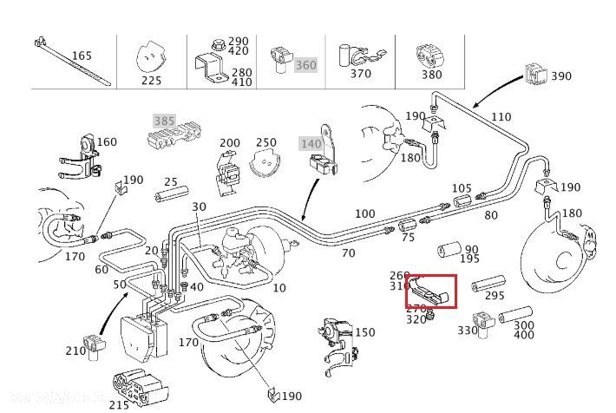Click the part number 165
coord(82,56)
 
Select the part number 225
coord(151,80)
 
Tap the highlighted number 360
coord(305,65)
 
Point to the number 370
coord(360,75)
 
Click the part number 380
coord(431,75)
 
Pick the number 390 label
coord(561,75)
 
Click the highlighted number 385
coord(164,121)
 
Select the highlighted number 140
coord(311,142)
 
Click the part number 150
coord(365,332)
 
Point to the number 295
coord(495,296)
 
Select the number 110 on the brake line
coord(501,116)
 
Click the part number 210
coord(75,351)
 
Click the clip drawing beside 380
coord(429,55)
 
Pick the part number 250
coord(266,142)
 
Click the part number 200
coord(229,142)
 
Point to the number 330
coord(468,330)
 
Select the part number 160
coord(107,141)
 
